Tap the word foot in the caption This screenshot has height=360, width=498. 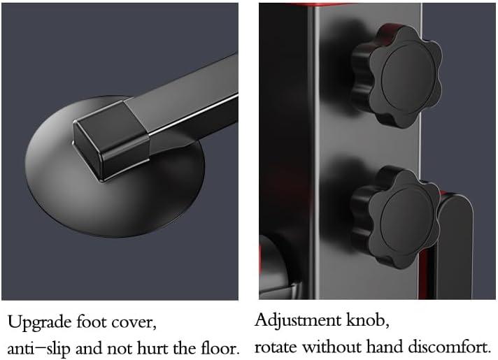[91, 322]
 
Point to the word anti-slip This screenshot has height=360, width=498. [38, 350]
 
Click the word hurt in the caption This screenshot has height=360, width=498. [153, 349]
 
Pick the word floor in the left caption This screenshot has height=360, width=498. [220, 348]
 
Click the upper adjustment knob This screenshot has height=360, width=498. [398, 76]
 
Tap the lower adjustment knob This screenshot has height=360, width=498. [397, 218]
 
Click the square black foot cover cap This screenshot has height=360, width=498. [111, 140]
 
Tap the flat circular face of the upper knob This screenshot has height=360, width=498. [408, 78]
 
